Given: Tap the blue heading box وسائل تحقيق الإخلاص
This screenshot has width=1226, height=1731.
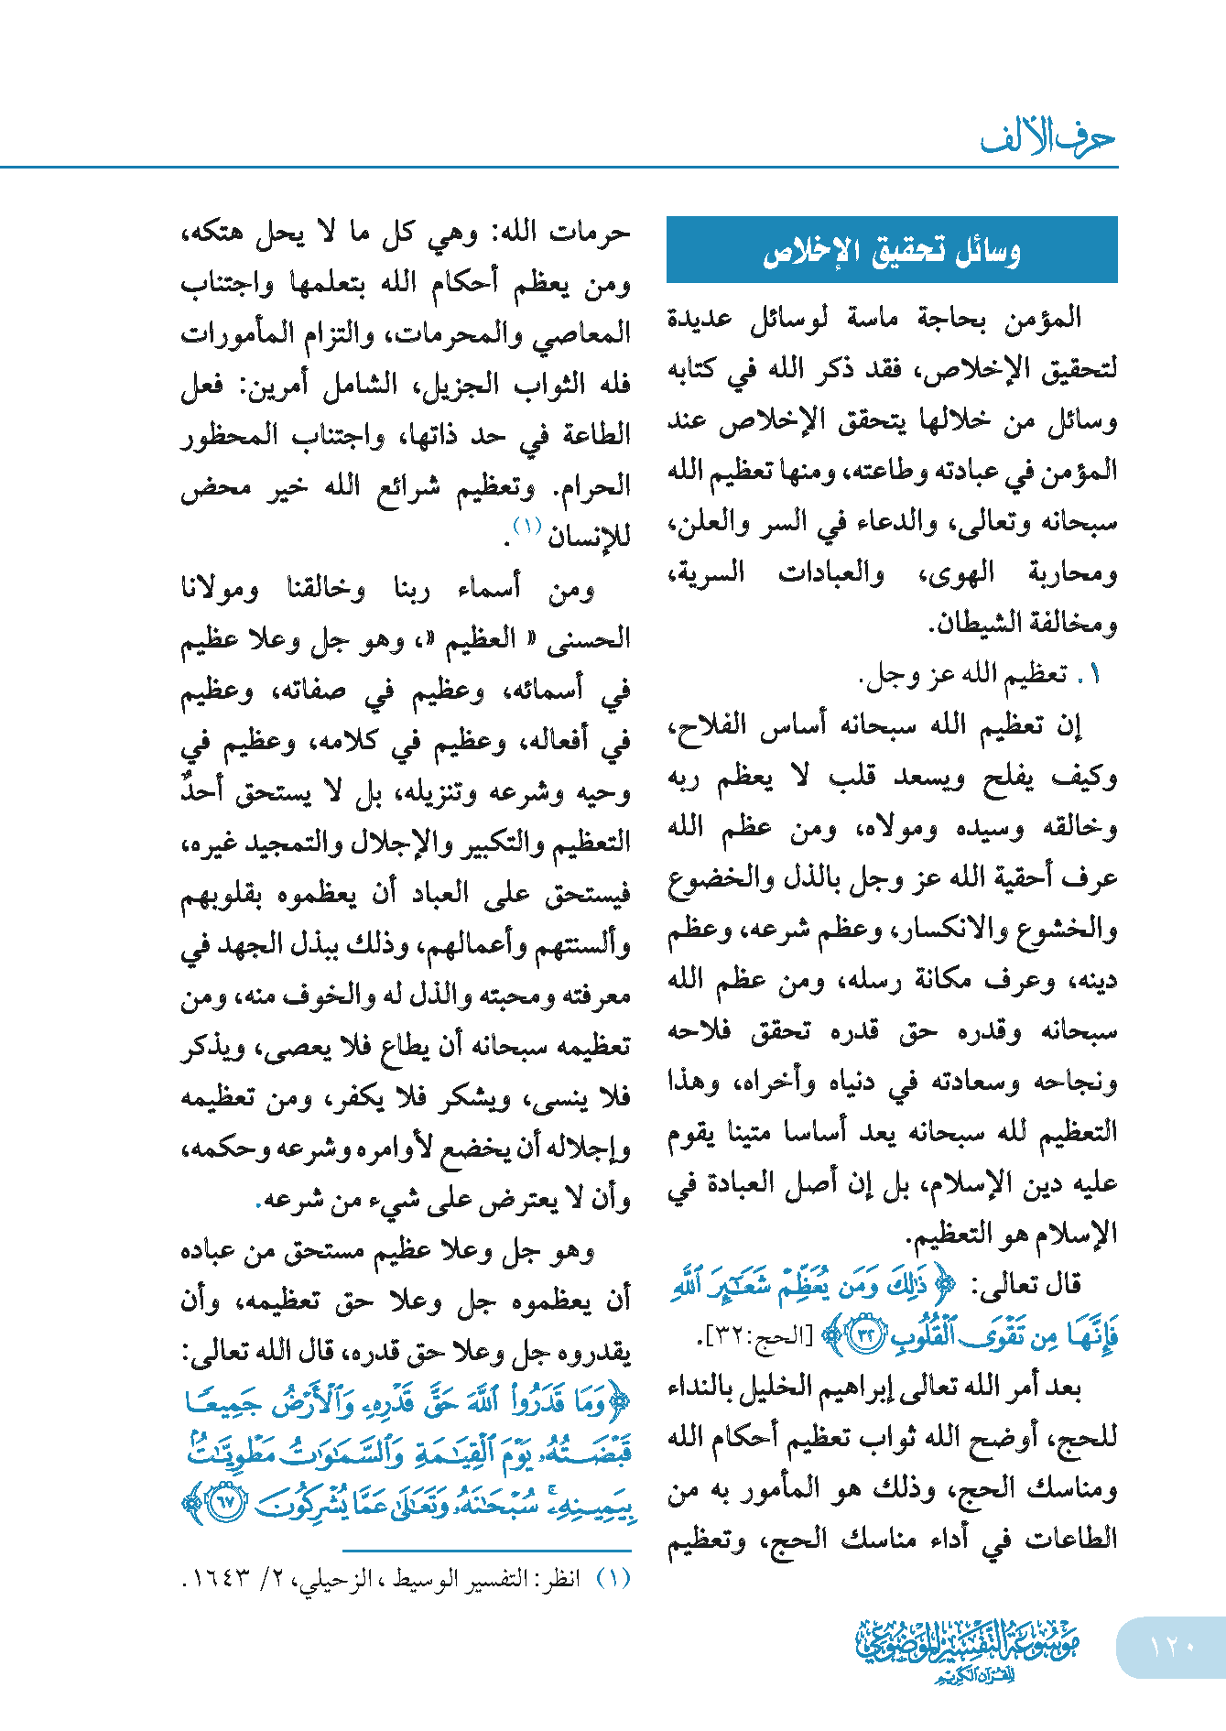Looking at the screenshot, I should [x=892, y=250].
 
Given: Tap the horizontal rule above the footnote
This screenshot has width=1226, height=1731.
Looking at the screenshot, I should [x=487, y=1551].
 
